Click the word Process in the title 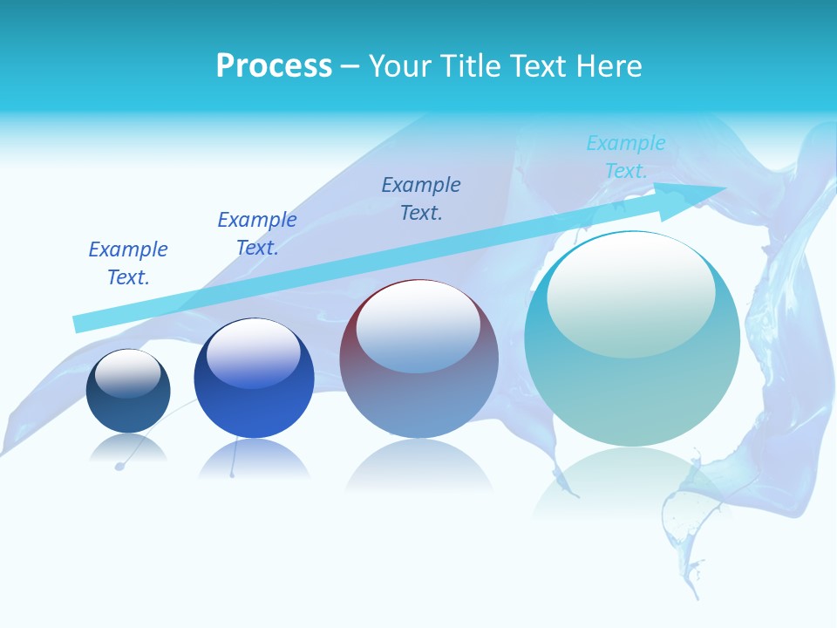pyautogui.click(x=274, y=66)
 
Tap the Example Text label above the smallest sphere pyautogui.click(x=128, y=263)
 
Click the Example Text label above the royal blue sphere pyautogui.click(x=257, y=234)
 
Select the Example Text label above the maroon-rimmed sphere pyautogui.click(x=421, y=199)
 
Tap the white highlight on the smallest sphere pyautogui.click(x=127, y=372)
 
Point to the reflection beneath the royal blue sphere pyautogui.click(x=253, y=459)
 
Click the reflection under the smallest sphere pyautogui.click(x=128, y=448)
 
